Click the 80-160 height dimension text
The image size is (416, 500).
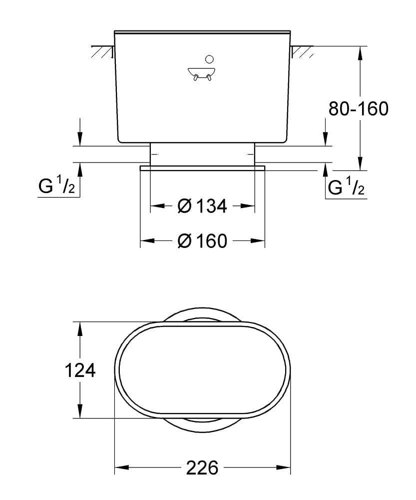[x=358, y=108]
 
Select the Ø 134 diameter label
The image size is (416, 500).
[x=202, y=205]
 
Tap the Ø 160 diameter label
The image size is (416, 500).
[x=202, y=241]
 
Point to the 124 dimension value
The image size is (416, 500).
[x=80, y=370]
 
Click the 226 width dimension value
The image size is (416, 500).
[x=202, y=468]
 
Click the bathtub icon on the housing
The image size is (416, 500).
[x=202, y=73]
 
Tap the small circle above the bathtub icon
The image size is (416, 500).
[x=208, y=58]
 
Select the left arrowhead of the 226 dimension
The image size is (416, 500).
[x=121, y=468]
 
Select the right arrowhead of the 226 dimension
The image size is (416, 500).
[x=285, y=468]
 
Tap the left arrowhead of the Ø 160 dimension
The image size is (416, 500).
[x=146, y=241]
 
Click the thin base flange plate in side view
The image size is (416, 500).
[x=202, y=168]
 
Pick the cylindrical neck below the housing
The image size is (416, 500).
[x=202, y=153]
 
